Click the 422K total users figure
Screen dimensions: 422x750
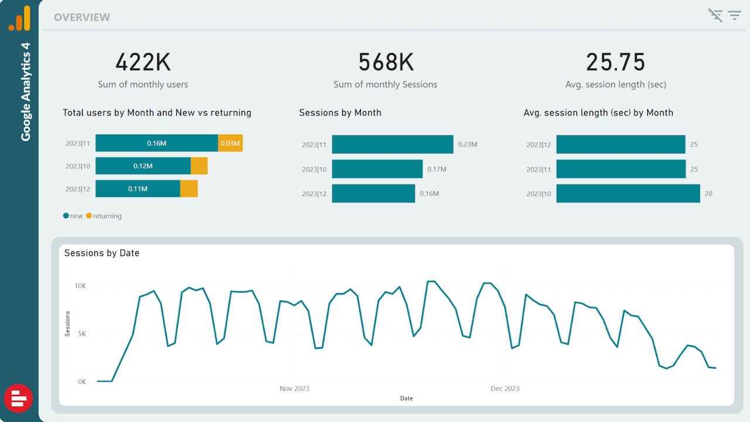(x=143, y=62)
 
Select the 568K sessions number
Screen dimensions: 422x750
(x=386, y=62)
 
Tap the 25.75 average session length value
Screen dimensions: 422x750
(x=615, y=62)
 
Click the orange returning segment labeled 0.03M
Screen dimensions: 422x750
(x=230, y=143)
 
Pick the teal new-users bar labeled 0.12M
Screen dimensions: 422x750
(x=143, y=166)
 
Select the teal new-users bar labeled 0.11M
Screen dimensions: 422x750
(x=138, y=189)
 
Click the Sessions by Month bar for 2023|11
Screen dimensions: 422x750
(x=393, y=144)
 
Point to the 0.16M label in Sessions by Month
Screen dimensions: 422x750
(x=429, y=193)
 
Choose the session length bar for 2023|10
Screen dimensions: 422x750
(x=628, y=193)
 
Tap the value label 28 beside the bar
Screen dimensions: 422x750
(x=708, y=193)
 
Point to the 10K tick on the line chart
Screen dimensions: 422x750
(x=80, y=286)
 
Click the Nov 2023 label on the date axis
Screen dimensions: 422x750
(x=294, y=389)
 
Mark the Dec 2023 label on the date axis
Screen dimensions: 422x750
(x=504, y=389)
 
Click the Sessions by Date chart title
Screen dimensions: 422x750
(x=102, y=253)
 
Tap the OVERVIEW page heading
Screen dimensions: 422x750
(x=82, y=18)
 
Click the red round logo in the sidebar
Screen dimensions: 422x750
(x=19, y=399)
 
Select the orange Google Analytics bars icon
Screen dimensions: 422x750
(x=20, y=19)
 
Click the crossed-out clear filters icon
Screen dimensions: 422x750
(x=715, y=15)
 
